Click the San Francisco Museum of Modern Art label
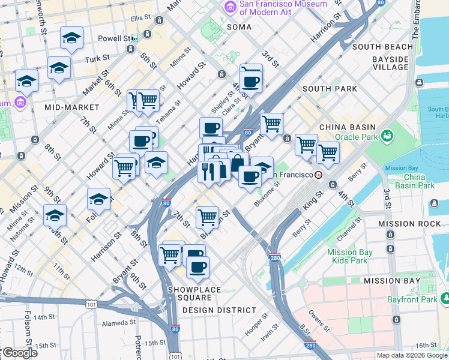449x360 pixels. coord(283,8)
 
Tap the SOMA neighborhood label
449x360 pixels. coord(239,27)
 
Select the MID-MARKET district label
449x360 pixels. coord(71,107)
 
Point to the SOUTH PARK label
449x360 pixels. coord(330,89)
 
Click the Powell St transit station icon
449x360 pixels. coord(134,38)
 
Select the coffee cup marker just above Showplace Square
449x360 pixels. coord(197,267)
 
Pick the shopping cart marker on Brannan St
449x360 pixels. coord(207,216)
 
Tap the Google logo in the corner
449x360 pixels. coord(19,353)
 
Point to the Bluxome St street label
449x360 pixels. coord(267,195)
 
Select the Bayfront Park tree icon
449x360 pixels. coord(445,297)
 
